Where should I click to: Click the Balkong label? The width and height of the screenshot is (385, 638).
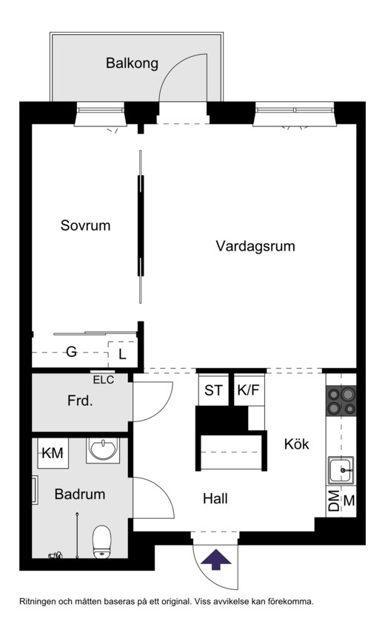click(x=132, y=64)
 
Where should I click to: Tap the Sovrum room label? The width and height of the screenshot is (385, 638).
click(x=86, y=225)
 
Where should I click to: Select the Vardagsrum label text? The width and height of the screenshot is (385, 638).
click(x=255, y=247)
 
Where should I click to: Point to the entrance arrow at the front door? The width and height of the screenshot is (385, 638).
click(x=215, y=559)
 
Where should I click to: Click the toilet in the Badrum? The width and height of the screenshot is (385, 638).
click(x=102, y=542)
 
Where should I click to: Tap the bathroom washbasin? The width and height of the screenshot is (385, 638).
click(x=104, y=449)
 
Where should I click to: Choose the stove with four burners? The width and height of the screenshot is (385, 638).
click(x=341, y=401)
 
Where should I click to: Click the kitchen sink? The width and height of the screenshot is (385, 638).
click(x=341, y=470)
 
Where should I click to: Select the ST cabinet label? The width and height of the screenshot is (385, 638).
click(x=213, y=390)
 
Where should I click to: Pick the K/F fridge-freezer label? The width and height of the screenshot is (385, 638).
click(x=249, y=390)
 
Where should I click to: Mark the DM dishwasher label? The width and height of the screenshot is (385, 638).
click(x=334, y=501)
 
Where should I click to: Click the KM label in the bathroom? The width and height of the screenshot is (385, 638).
click(x=53, y=453)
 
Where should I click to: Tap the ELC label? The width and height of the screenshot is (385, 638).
click(x=104, y=381)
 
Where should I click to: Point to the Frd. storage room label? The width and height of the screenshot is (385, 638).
click(x=80, y=401)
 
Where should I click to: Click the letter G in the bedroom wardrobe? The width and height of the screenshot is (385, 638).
click(x=71, y=352)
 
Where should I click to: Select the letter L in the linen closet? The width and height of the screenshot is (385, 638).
click(x=122, y=354)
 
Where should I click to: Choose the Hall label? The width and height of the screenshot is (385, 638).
click(x=215, y=498)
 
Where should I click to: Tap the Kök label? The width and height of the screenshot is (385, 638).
click(x=297, y=444)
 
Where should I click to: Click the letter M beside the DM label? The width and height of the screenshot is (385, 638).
click(x=349, y=501)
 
